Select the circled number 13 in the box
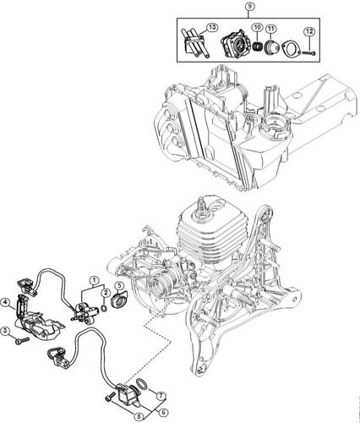click(x=188, y=28)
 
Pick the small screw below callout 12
click(x=311, y=51)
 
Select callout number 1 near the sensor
click(x=95, y=281)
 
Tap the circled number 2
click(x=106, y=292)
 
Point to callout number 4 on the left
click(x=7, y=301)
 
